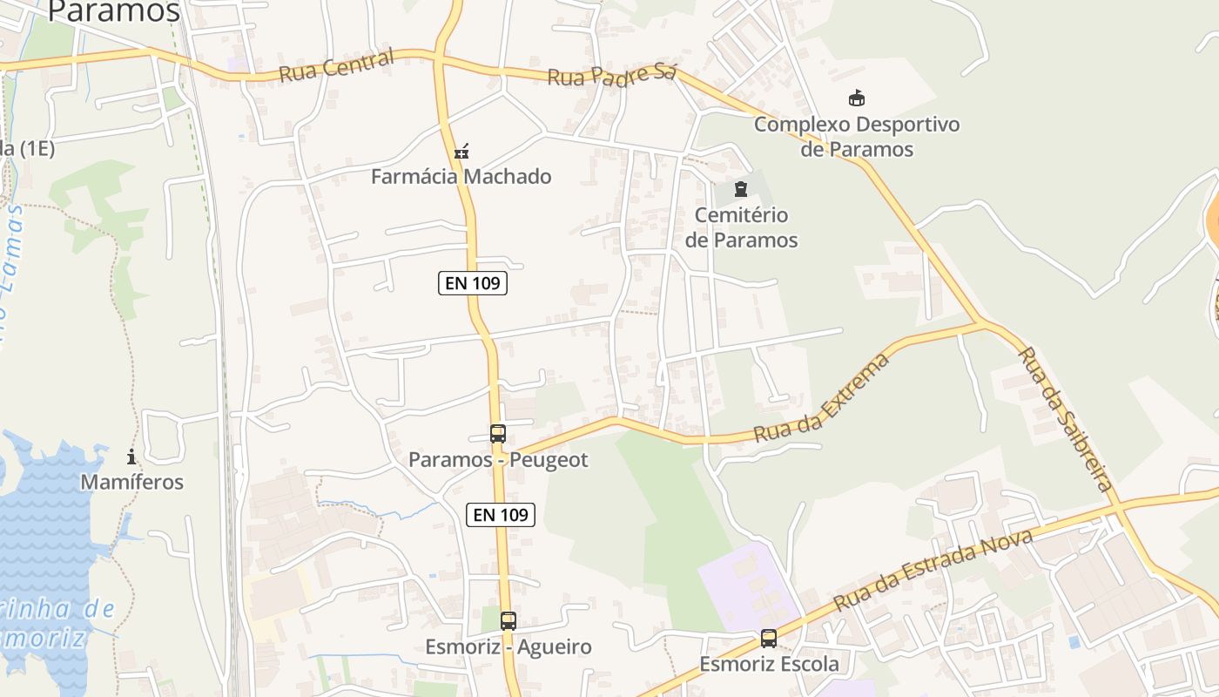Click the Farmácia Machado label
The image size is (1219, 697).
[461, 177]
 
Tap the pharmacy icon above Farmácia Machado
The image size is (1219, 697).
[461, 151]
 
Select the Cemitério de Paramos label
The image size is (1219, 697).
[741, 227]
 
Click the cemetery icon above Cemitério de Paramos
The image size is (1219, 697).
[741, 189]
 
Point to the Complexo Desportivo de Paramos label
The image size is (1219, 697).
[857, 137]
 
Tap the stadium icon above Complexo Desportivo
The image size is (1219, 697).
[857, 98]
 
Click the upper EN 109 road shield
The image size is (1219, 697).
[472, 283]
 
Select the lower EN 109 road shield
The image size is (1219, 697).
[500, 515]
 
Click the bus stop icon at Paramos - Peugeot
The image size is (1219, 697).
[497, 433]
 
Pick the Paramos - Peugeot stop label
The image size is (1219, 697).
[499, 460]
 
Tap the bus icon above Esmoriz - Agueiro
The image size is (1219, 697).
[508, 621]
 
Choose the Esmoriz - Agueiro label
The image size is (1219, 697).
[508, 647]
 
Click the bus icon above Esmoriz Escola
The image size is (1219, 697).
[769, 639]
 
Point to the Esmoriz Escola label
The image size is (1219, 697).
[770, 665]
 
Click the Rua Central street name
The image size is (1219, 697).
[337, 66]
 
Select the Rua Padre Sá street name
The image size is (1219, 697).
[611, 75]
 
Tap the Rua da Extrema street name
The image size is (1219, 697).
[823, 397]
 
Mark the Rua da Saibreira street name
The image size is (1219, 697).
[1065, 418]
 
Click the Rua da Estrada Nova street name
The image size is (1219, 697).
[933, 570]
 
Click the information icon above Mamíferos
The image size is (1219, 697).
[131, 456]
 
